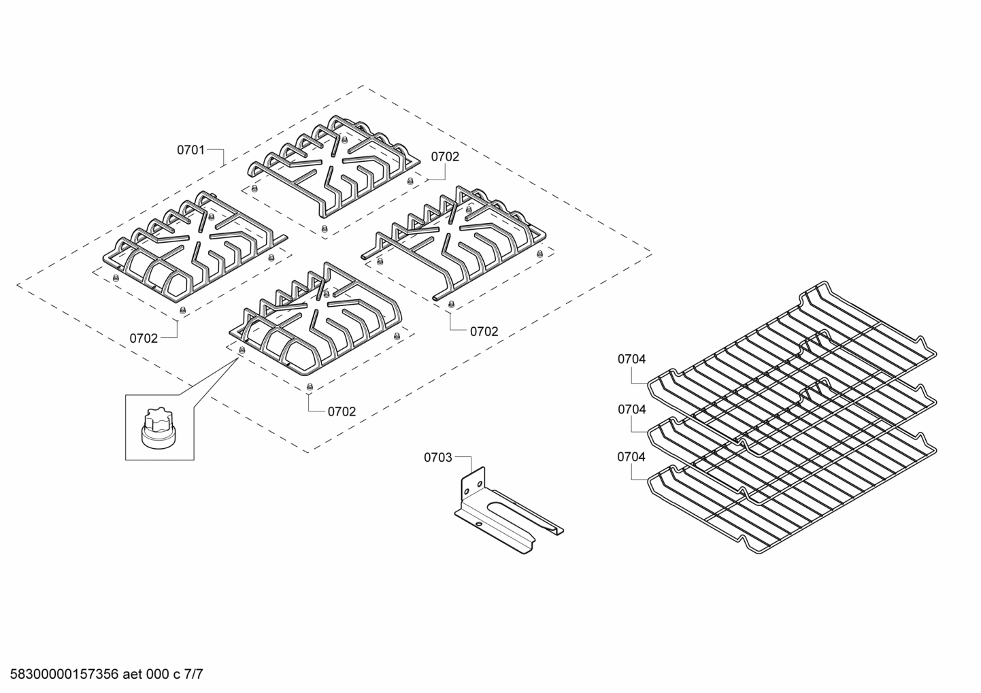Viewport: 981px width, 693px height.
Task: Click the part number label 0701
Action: [x=190, y=150]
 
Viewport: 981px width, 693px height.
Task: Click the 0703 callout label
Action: [x=437, y=458]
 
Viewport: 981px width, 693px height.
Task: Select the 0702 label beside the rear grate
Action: [x=445, y=157]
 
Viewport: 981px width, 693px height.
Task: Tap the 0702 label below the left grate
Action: [x=144, y=338]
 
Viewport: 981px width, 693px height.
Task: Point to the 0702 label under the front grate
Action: [x=342, y=411]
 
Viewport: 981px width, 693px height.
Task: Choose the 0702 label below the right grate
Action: [x=484, y=332]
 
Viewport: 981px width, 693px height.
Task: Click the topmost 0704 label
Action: [x=631, y=359]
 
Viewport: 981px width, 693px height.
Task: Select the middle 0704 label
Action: [x=631, y=409]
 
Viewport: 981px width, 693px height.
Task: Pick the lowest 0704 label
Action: [x=631, y=458]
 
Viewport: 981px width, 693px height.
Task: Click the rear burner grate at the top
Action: [x=333, y=167]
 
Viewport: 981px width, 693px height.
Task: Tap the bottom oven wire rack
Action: [x=789, y=503]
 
